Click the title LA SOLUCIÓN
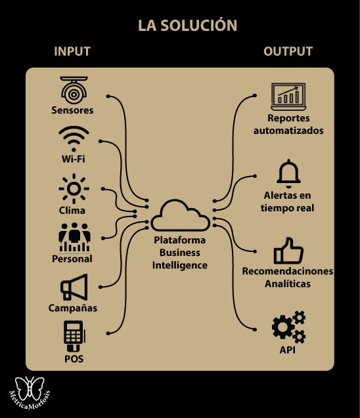pos(187,25)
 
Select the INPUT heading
pos(72,51)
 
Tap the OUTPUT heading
pos(288,51)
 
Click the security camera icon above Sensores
pos(74,90)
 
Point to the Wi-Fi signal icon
pos(74,138)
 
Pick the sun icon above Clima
pos(74,188)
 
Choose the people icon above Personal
pos(74,238)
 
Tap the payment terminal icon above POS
pos(74,336)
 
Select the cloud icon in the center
pos(181,216)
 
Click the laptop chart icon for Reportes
pos(288,96)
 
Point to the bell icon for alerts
pos(288,173)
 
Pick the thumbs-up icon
pos(288,251)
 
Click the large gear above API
pos(283,327)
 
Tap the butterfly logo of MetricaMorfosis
pos(30,388)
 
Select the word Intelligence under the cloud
pos(180,266)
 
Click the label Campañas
pos(73,308)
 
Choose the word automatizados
pos(288,131)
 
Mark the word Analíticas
pos(288,283)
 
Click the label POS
pos(74,359)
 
